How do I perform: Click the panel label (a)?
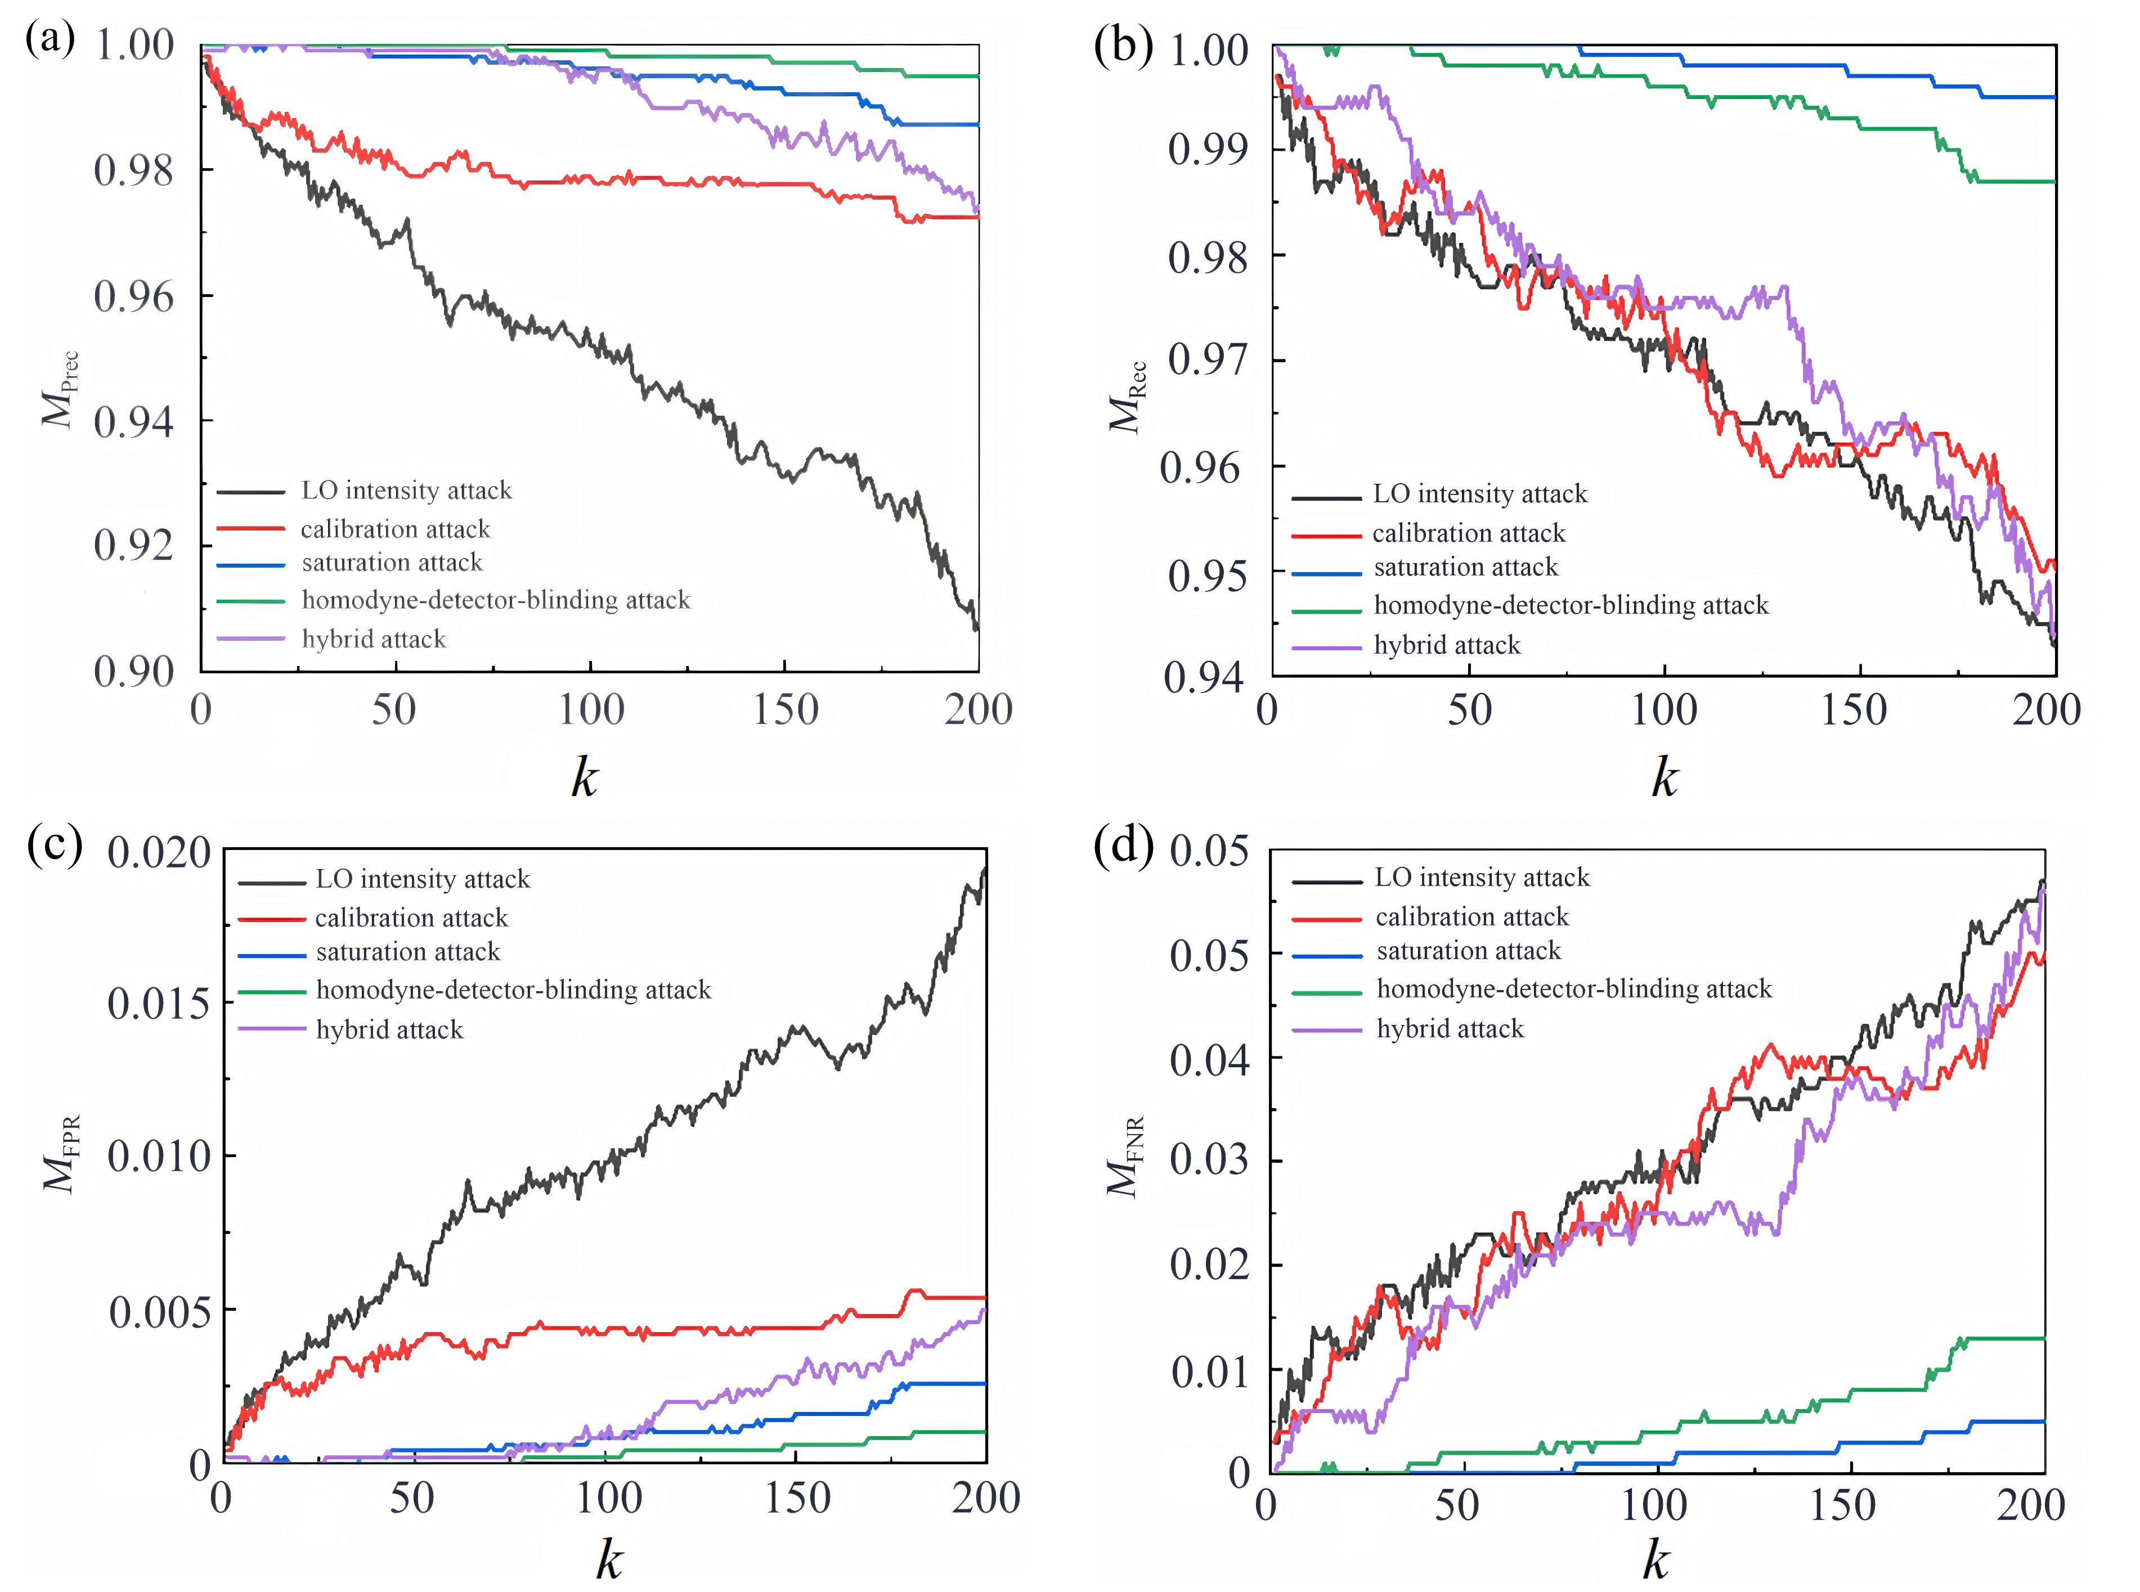coord(50,41)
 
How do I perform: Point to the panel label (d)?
coord(1124,847)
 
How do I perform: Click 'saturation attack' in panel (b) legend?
coord(1465,568)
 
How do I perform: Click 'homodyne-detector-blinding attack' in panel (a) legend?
coord(496,600)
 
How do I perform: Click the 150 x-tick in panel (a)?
coord(786,711)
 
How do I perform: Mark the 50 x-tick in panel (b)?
coord(1470,711)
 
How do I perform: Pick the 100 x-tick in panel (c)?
coord(608,1499)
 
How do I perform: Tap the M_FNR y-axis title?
coord(1124,1157)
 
